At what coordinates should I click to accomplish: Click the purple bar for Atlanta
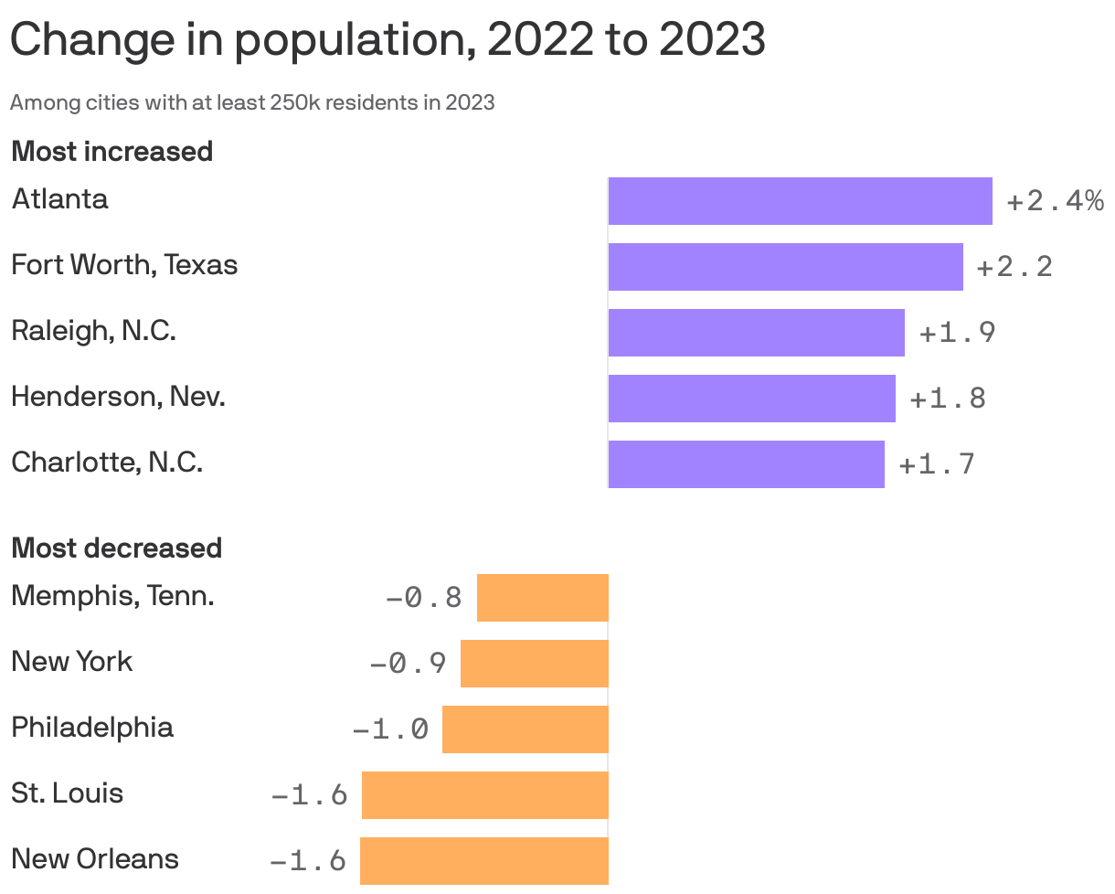(x=800, y=201)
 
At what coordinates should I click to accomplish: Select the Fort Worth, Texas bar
(x=785, y=267)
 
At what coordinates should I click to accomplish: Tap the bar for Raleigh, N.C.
(x=756, y=333)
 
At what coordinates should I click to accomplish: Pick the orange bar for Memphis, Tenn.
(x=542, y=598)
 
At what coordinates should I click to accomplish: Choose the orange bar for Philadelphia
(x=525, y=729)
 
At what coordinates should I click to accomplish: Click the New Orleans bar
(x=483, y=861)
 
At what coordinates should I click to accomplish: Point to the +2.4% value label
(x=1055, y=201)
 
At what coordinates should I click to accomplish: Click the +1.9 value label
(x=957, y=333)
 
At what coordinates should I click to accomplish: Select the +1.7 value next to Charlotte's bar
(x=937, y=464)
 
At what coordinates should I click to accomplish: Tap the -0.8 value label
(x=424, y=598)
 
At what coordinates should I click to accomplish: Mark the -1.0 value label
(x=390, y=729)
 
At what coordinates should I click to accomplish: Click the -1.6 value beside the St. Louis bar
(x=310, y=795)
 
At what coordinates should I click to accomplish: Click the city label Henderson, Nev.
(x=118, y=397)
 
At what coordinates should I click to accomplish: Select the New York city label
(x=71, y=662)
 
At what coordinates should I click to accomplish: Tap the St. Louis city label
(x=67, y=793)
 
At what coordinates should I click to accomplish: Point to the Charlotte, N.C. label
(x=107, y=463)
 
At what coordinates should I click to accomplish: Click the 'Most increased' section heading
(x=111, y=151)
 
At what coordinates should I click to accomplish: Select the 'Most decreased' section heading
(x=116, y=548)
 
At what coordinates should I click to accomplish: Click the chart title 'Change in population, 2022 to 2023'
(x=388, y=40)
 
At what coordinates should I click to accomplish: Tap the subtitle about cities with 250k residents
(x=252, y=102)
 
